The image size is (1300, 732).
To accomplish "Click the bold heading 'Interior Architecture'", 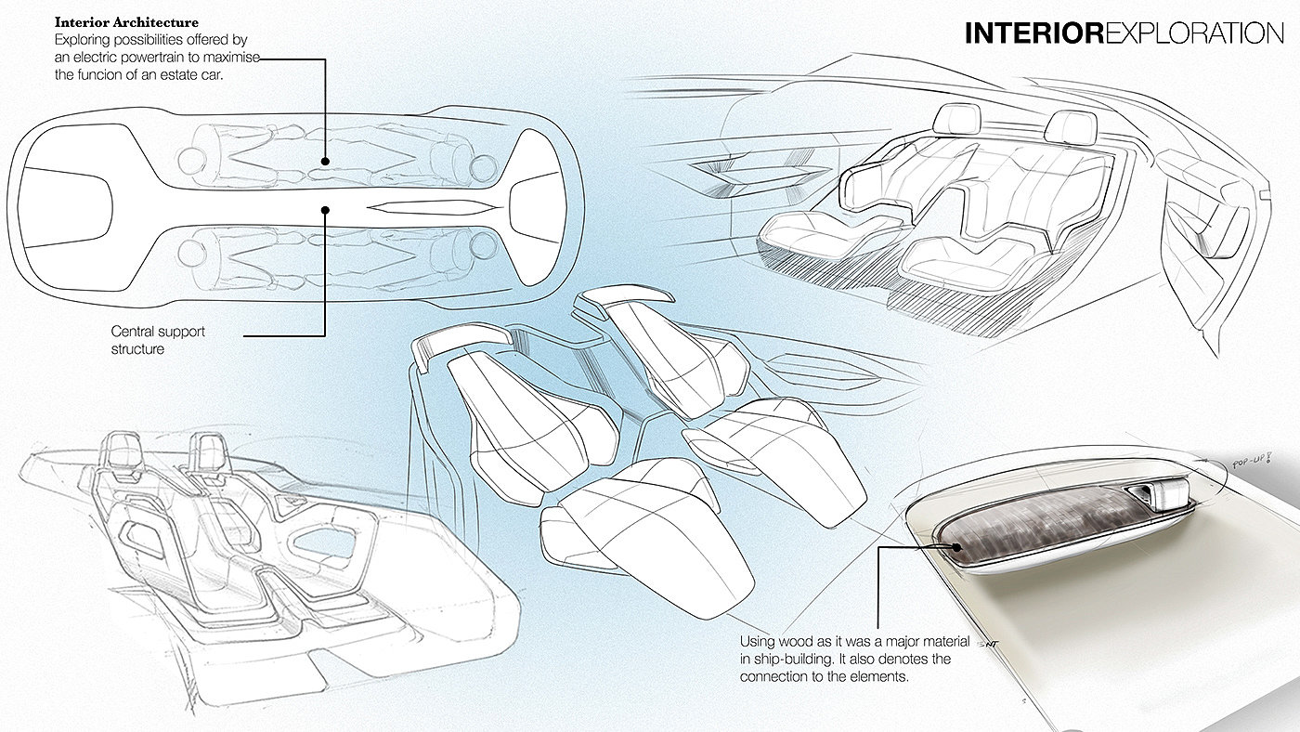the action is pyautogui.click(x=126, y=22).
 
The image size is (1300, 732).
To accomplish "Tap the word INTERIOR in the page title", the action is pyautogui.click(x=1034, y=33).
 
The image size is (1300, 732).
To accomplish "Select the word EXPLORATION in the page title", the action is pyautogui.click(x=1194, y=33).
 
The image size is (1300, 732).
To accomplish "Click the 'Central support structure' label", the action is pyautogui.click(x=158, y=340).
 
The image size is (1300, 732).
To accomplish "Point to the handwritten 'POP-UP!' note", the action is pyautogui.click(x=1252, y=463).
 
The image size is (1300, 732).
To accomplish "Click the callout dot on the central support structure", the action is pyautogui.click(x=325, y=210).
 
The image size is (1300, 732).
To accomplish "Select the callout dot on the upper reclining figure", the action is pyautogui.click(x=325, y=162).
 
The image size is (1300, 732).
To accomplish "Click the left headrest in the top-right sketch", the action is pyautogui.click(x=957, y=120).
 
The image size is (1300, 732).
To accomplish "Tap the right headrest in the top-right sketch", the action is pyautogui.click(x=1071, y=127).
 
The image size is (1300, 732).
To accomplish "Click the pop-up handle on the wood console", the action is pyautogui.click(x=1161, y=493).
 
